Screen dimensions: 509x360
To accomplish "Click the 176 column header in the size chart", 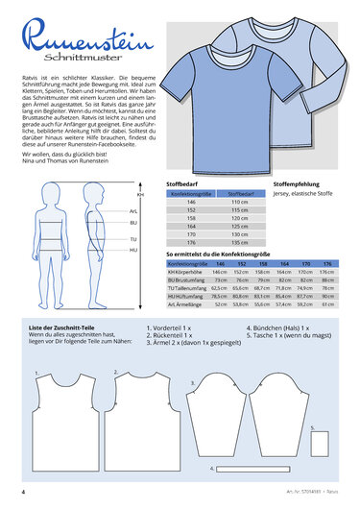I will click(328, 263).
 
